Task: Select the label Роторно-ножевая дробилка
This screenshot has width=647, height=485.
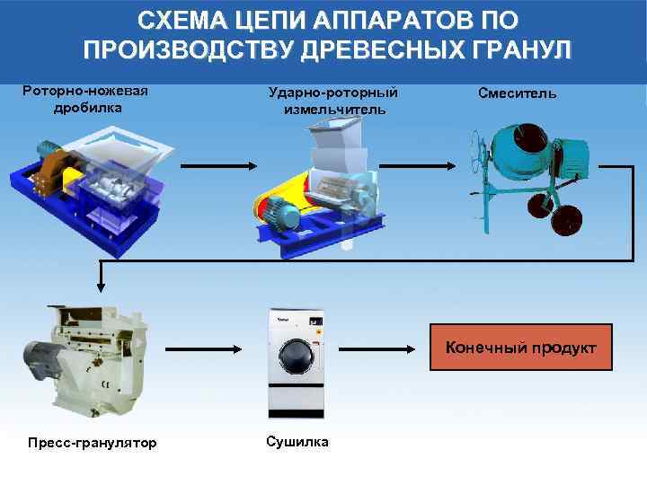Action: (85, 99)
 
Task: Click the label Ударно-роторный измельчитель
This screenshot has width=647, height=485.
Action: (333, 101)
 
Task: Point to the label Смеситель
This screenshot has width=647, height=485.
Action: (517, 93)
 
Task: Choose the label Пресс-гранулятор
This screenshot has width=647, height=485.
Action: (92, 443)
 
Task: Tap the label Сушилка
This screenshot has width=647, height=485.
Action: (297, 441)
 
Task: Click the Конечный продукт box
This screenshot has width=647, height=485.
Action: (520, 347)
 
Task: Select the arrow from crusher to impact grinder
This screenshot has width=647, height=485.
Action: (219, 166)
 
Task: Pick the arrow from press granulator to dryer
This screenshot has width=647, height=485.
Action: (206, 348)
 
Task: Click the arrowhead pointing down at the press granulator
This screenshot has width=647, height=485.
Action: (102, 287)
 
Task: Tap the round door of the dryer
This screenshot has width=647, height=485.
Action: (296, 356)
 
